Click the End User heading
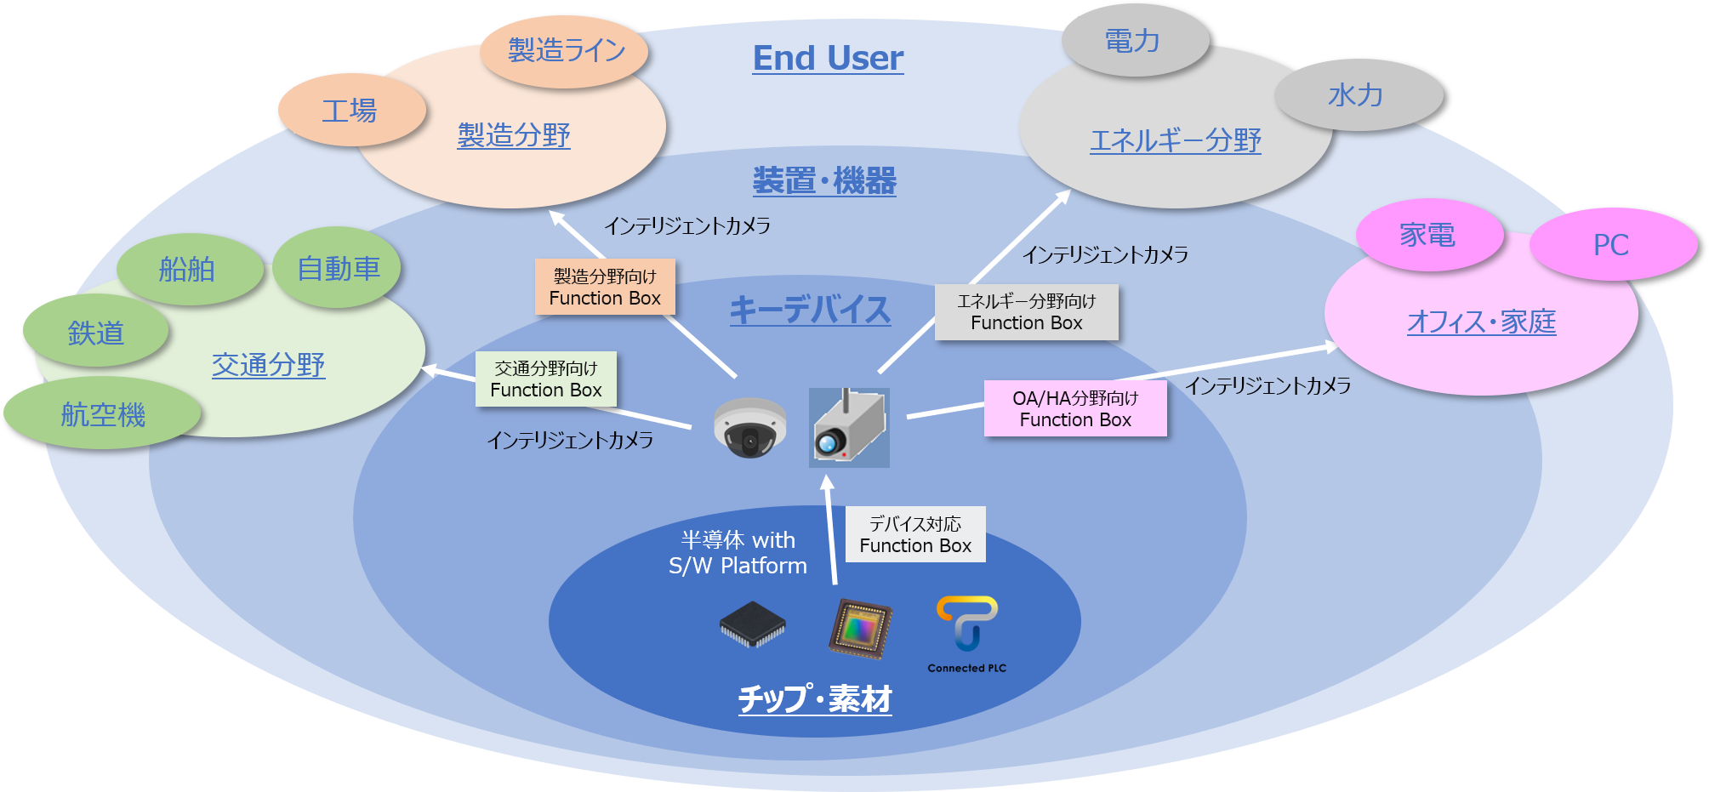828,58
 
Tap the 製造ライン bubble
566,50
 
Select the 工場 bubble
350,111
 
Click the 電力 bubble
1132,41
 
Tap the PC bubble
1611,245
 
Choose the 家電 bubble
1427,235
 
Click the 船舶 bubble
187,270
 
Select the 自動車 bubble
338,269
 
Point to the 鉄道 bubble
96,333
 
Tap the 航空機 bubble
103,415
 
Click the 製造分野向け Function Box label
605,288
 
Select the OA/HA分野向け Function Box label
1075,409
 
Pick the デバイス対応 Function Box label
915,535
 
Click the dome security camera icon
749,428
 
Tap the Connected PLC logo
967,635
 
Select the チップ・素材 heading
814,699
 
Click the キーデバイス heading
810,310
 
